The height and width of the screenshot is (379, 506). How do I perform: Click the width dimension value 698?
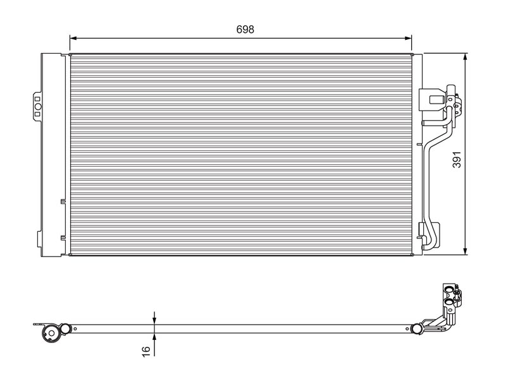click(245, 29)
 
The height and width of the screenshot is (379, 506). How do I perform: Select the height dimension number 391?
click(457, 159)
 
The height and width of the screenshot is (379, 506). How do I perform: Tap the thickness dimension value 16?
click(146, 351)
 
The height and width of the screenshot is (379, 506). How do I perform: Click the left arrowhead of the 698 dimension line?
click(73, 39)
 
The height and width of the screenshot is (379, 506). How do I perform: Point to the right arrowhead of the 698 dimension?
click(408, 39)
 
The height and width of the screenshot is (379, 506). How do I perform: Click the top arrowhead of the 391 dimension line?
click(465, 57)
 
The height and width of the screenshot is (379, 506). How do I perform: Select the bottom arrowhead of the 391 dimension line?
click(465, 251)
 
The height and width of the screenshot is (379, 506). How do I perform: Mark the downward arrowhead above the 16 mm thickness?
click(154, 321)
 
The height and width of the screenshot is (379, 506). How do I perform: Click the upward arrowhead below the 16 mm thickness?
click(154, 337)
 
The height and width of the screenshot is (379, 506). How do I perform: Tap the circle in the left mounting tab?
click(38, 107)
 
